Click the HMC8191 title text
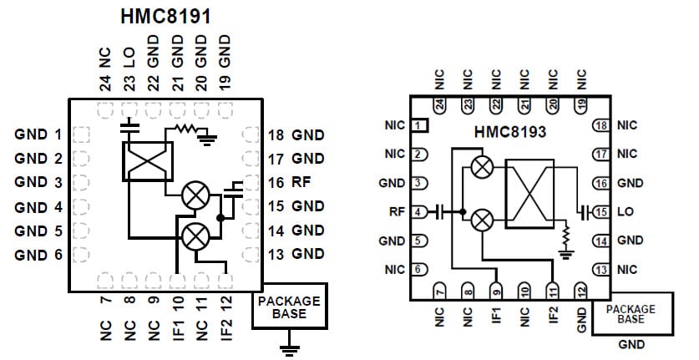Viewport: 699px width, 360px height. coord(165,16)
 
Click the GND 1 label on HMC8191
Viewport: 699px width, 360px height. coord(38,134)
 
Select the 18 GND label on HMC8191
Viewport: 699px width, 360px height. coord(296,134)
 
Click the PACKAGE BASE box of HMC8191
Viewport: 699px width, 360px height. coord(289,307)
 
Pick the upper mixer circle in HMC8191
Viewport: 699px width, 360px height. coord(195,195)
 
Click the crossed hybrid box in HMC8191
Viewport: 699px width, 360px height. coord(147,161)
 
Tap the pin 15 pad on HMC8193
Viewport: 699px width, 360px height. coord(600,212)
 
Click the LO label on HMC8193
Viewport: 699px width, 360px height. coord(626,212)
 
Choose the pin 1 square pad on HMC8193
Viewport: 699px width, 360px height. coord(420,125)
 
